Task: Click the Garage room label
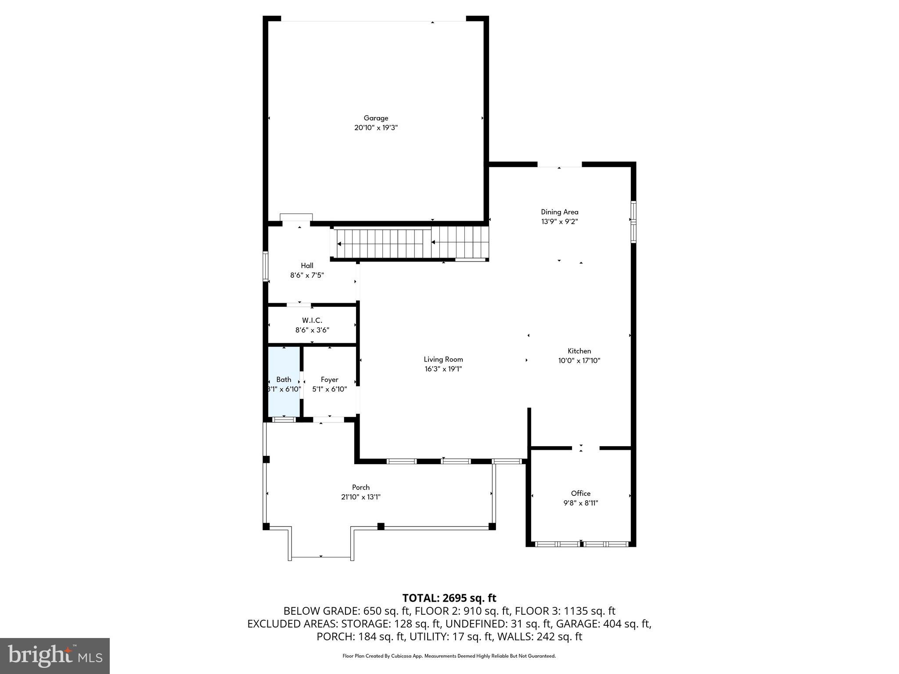376,118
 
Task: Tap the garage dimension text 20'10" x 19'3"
376,128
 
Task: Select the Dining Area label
559,212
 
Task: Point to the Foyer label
329,380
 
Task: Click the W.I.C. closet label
312,321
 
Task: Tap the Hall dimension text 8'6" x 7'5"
307,275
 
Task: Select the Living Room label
443,359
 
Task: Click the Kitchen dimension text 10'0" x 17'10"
579,361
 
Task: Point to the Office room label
580,493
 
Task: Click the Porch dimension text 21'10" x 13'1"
360,497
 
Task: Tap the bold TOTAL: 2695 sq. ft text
449,598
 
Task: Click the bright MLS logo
54,656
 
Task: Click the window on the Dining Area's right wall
633,222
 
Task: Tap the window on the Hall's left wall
265,266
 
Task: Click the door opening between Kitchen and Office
585,448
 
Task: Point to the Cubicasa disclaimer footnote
449,656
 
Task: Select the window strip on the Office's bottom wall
581,544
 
